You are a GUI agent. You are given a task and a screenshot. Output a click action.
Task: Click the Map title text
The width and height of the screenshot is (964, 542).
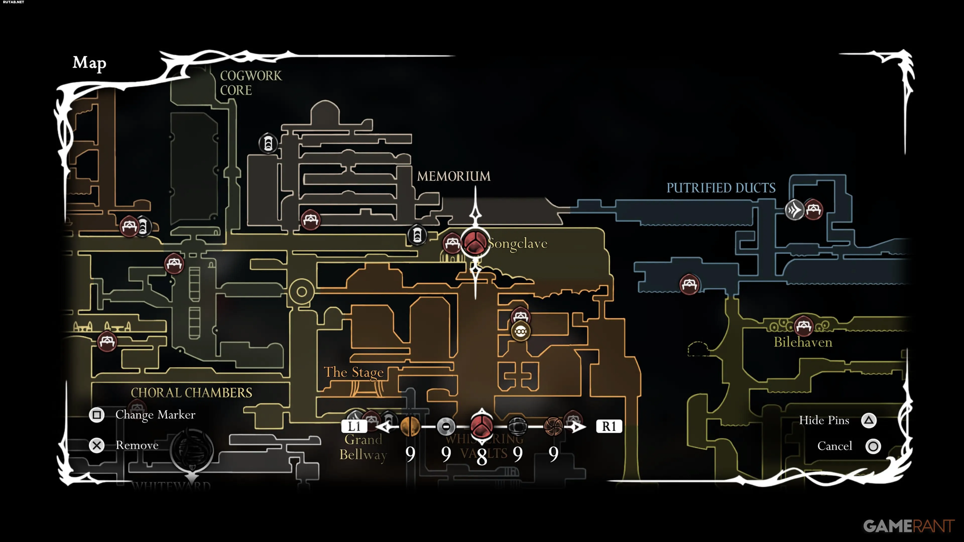89,62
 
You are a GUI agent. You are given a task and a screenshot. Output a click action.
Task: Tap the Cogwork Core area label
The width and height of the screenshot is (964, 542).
250,83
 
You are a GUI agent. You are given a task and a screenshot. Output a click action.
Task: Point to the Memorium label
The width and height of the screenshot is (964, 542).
454,176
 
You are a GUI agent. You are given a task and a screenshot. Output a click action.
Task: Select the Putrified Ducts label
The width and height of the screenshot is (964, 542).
721,188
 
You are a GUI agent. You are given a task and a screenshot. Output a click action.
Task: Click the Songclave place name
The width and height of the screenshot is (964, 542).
518,244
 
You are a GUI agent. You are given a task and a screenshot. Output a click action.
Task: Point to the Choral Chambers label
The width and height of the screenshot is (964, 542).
191,393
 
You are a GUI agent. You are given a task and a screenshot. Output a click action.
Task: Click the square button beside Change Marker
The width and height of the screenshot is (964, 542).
97,415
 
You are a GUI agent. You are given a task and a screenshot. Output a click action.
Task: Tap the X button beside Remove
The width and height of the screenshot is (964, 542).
97,445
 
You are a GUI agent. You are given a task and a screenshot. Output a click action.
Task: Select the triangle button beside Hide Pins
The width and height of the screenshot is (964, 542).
869,421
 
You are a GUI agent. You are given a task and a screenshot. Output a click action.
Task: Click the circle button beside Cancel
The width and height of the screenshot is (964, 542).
873,446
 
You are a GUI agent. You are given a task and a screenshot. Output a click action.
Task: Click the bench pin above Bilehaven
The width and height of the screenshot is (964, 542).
803,325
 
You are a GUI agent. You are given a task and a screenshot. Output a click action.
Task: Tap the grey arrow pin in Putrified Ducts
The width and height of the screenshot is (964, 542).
794,210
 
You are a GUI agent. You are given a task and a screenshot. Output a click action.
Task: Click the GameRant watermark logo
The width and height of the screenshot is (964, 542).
909,526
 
